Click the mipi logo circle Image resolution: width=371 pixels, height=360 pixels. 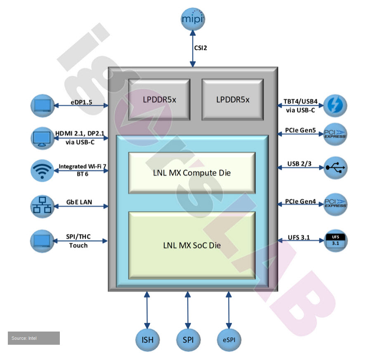[193, 19]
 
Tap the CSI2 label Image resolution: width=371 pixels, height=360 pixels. [201, 48]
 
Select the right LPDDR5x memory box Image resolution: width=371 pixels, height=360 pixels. [233, 99]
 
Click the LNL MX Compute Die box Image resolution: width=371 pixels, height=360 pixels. [192, 172]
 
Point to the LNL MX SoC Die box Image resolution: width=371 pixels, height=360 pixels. [192, 245]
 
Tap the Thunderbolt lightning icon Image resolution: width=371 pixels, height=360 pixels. [335, 106]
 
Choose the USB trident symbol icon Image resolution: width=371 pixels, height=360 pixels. [335, 167]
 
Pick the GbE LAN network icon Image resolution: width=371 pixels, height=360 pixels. [42, 206]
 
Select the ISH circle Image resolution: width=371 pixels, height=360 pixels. [147, 340]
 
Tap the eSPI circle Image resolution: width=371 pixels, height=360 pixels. [229, 340]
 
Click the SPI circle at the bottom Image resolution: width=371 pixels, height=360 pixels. [188, 340]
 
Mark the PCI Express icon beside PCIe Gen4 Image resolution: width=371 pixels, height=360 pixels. [335, 205]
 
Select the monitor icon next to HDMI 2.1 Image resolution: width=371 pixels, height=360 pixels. [42, 138]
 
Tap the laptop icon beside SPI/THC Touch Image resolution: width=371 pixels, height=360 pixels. [42, 241]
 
